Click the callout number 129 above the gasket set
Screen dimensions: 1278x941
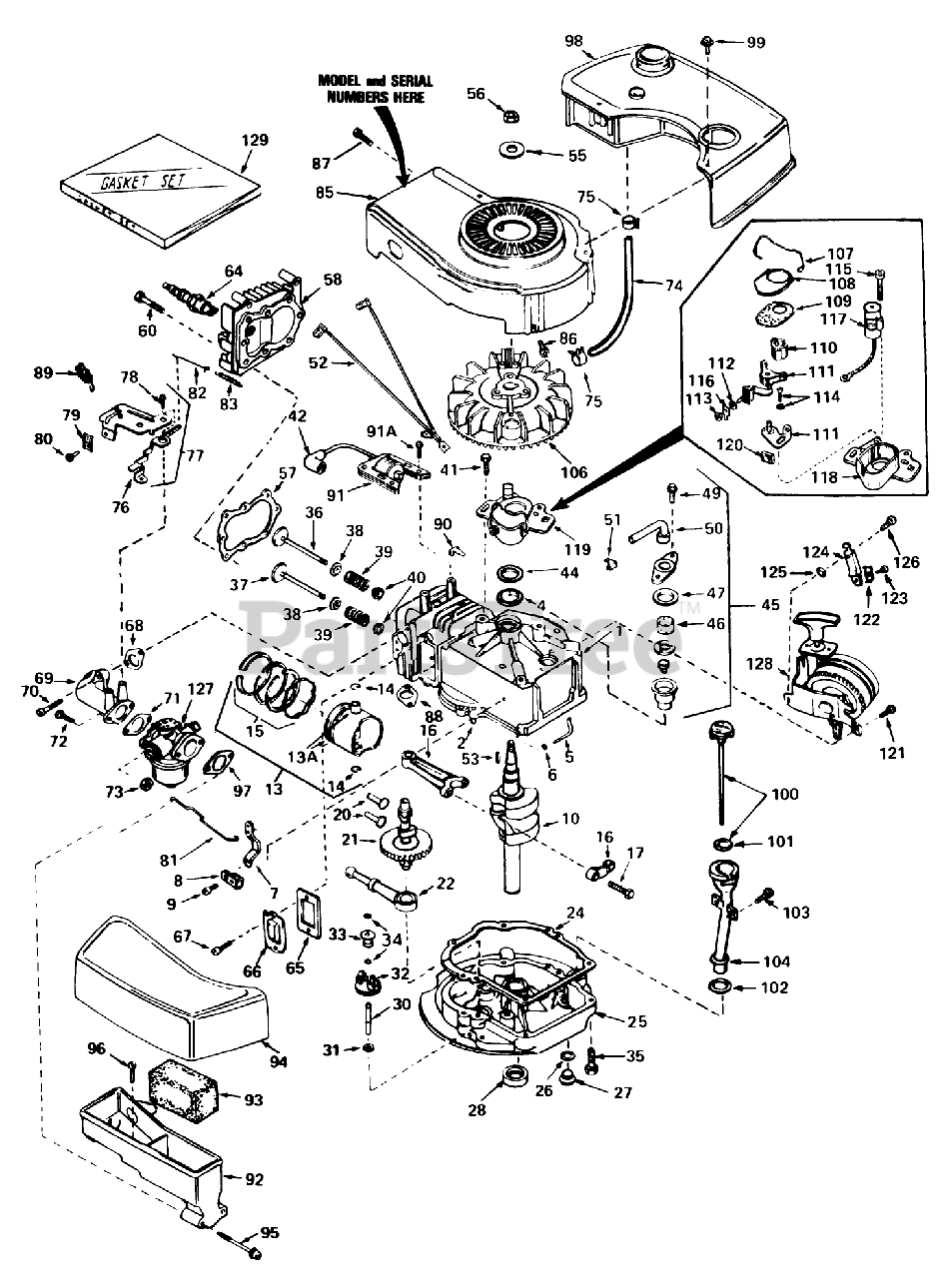pos(255,140)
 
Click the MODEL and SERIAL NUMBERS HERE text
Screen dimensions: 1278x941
pos(372,89)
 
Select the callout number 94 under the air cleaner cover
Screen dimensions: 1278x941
pos(279,1062)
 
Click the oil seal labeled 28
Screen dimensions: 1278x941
pos(514,1079)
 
